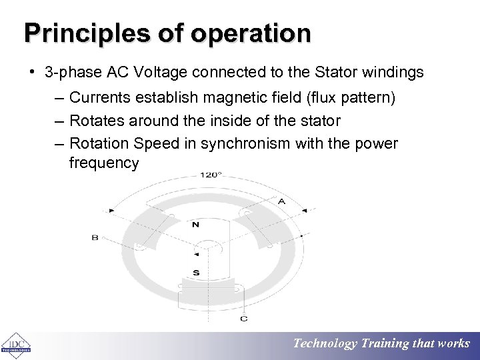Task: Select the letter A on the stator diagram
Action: (281, 201)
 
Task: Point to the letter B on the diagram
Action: (95, 237)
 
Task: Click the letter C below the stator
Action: (244, 319)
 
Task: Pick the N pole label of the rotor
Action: (195, 225)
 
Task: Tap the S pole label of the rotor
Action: (195, 272)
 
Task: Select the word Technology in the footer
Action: (325, 343)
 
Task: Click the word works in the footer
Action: (454, 343)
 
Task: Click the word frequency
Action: (104, 163)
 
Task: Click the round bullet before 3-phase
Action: (32, 72)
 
